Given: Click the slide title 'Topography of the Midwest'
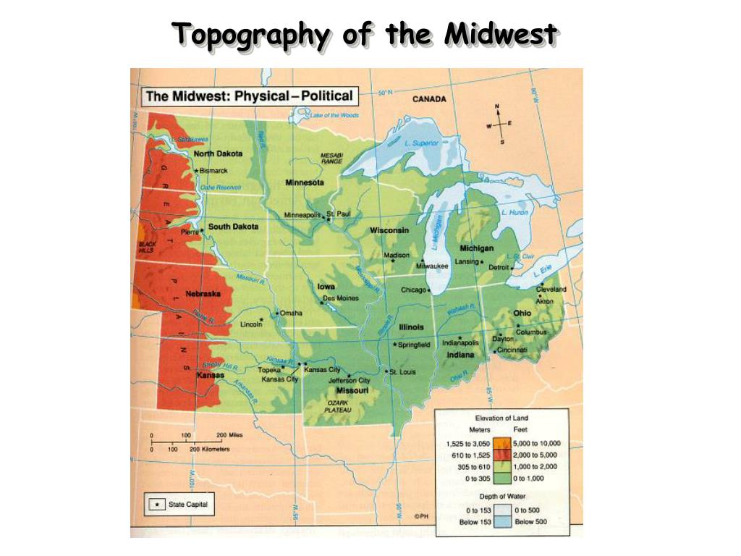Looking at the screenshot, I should tap(365, 34).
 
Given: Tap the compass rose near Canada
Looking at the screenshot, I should tap(499, 125).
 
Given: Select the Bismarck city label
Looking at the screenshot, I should tap(213, 171).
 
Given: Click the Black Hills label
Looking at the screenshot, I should tap(147, 246).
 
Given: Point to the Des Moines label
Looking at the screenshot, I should tap(340, 298).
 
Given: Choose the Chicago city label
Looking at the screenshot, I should tap(413, 290).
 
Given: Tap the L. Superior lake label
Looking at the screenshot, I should tap(422, 143).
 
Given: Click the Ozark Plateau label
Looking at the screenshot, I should tap(336, 406).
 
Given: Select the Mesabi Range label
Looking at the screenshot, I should tap(331, 158).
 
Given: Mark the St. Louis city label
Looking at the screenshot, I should tap(402, 372).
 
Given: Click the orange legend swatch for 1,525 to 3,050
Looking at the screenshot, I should tap(500, 443).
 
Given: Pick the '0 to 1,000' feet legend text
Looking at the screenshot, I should tap(530, 479).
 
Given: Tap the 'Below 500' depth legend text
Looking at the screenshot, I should tap(530, 522).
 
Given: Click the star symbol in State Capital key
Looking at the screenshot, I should tap(154, 504).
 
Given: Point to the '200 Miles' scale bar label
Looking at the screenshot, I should tap(229, 435).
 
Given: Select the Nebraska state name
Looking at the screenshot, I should tap(203, 294).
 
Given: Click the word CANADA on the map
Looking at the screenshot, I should tap(429, 99).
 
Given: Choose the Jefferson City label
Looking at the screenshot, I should tap(349, 380).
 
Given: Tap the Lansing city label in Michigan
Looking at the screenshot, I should tap(466, 261).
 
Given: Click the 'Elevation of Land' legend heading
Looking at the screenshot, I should tap(501, 418).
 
